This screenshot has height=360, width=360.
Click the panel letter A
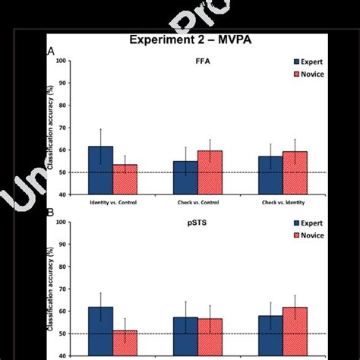tap(51, 52)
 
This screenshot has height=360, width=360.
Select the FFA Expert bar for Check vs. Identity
tap(270, 175)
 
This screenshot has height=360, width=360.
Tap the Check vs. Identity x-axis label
tap(282, 203)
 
